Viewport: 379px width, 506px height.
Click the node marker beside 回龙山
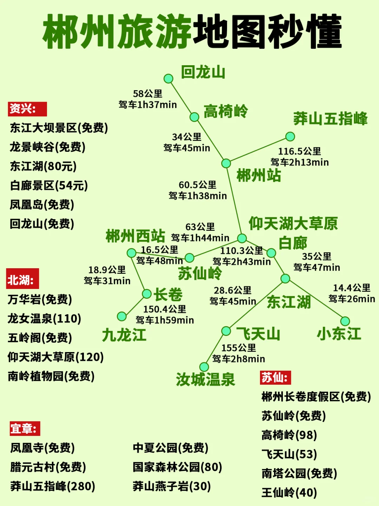(168, 79)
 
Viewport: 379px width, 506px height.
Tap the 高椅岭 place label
(226, 112)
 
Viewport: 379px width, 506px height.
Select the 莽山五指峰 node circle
(290, 136)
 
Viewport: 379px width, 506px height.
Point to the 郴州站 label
(259, 175)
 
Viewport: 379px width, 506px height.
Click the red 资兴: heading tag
(27, 109)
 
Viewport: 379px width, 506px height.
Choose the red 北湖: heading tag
(22, 279)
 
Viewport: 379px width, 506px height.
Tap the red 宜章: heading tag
(25, 429)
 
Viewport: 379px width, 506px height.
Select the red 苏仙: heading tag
(275, 377)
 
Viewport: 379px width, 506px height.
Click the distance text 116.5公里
(299, 151)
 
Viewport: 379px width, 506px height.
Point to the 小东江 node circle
(345, 321)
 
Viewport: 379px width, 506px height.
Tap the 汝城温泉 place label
(205, 379)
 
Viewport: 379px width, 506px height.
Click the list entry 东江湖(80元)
(43, 166)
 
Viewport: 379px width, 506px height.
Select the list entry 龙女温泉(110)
(45, 318)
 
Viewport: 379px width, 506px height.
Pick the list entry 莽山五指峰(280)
(53, 486)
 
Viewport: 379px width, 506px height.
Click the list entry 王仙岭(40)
(289, 493)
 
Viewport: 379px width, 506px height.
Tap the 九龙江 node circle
(122, 316)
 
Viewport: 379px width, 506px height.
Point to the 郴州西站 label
(135, 236)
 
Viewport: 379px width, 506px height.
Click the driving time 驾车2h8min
(239, 359)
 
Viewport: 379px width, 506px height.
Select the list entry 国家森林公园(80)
(177, 467)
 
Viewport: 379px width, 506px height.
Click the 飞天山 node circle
(226, 331)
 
